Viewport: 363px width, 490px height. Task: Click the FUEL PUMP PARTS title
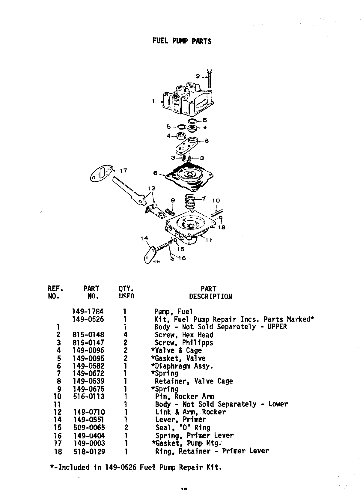point(182,41)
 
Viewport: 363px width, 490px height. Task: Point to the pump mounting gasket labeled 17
point(102,174)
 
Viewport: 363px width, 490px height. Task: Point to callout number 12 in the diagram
point(152,188)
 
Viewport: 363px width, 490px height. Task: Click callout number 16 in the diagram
point(182,258)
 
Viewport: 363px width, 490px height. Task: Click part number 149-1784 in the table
point(88,312)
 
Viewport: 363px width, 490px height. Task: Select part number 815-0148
point(88,335)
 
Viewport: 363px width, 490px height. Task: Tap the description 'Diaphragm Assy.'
point(184,366)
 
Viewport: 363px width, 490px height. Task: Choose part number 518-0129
point(89,451)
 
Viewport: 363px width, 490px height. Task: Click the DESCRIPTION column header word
point(210,297)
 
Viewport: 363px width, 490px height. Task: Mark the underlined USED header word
point(126,297)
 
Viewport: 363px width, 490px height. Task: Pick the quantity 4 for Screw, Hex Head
point(125,335)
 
